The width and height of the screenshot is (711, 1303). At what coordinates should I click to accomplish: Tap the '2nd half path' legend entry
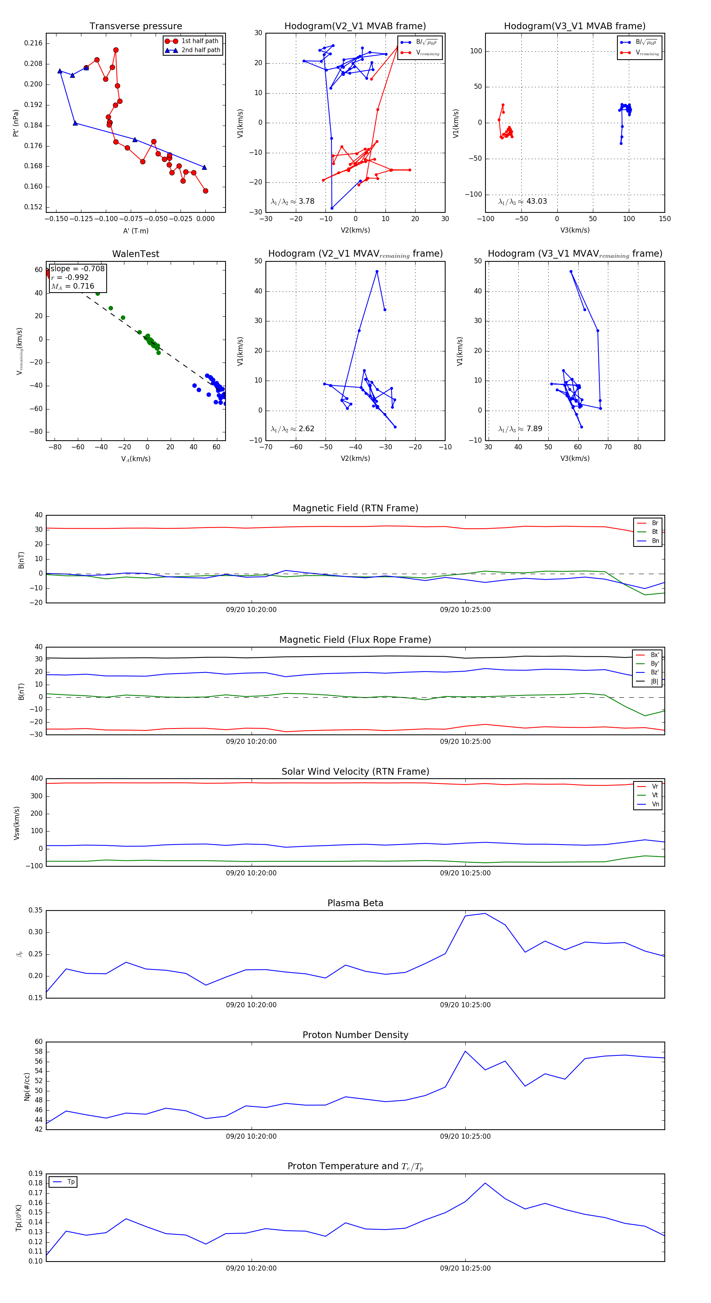(200, 50)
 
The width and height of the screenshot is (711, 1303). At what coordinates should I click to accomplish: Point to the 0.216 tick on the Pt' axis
(34, 43)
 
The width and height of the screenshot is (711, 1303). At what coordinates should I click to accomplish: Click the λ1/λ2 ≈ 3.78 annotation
(292, 201)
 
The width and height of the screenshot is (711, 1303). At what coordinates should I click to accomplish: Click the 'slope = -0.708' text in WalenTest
(77, 268)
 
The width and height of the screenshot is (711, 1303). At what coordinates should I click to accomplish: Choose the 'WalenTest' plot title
(135, 254)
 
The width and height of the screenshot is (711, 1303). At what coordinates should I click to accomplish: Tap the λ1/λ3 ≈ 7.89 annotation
(520, 429)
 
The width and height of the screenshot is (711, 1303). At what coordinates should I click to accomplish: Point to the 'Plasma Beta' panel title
(355, 903)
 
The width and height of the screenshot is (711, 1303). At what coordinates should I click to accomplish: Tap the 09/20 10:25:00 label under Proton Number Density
(465, 1136)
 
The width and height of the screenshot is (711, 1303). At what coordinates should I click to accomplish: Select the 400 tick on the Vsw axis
(36, 779)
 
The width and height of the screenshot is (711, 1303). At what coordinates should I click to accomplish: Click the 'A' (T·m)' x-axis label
(135, 231)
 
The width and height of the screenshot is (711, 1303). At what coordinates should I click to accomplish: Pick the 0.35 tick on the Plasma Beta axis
(36, 910)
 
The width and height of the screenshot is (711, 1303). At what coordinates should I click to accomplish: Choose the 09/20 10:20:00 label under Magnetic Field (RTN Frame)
(251, 610)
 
